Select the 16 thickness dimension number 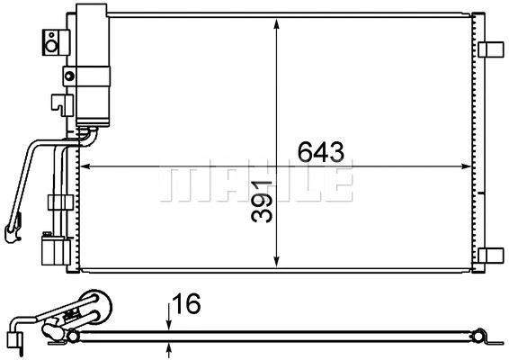187,306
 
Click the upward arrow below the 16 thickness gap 168,347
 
